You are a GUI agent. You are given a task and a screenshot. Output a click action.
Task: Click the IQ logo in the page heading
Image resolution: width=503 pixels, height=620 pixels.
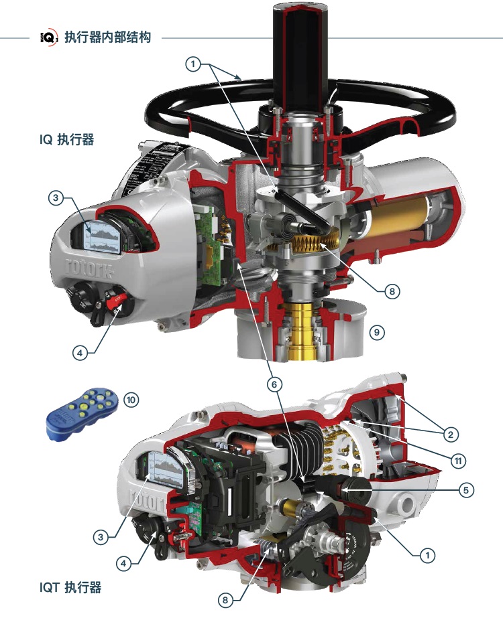point(49,37)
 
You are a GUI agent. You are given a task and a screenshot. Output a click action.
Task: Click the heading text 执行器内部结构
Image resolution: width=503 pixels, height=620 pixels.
point(107,37)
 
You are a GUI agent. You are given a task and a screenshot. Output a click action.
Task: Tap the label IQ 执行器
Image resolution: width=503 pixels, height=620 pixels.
point(66,140)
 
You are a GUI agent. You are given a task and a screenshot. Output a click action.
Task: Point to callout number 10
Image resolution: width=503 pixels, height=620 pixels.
point(130,400)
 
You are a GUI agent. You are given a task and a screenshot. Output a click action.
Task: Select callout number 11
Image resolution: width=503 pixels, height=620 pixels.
point(458,461)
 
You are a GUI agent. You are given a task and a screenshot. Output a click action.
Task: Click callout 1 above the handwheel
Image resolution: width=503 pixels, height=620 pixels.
point(193,64)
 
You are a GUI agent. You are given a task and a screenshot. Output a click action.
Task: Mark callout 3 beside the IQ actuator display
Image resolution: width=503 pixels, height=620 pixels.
point(56,198)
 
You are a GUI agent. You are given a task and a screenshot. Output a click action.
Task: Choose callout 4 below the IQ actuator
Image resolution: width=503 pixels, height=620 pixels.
point(80,353)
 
